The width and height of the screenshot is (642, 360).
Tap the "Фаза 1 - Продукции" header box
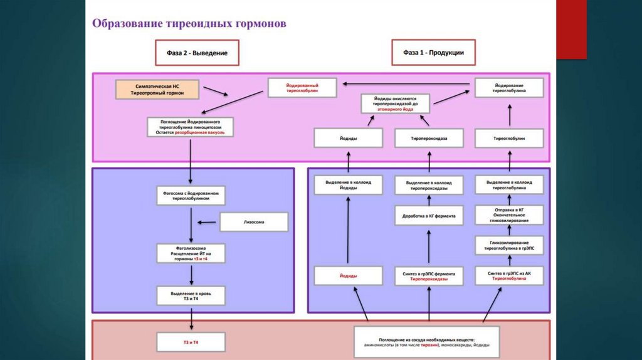click(x=433, y=53)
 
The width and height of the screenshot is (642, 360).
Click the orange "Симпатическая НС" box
click(x=157, y=88)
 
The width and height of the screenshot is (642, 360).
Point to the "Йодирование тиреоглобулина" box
click(x=509, y=87)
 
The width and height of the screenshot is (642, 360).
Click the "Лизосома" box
click(x=253, y=221)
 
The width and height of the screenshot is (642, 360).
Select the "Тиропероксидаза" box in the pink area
click(x=429, y=138)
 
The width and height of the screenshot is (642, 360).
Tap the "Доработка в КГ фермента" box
click(x=429, y=216)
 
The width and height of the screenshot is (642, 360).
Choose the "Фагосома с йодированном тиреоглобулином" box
click(x=191, y=196)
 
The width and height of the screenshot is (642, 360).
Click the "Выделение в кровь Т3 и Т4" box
click(x=191, y=295)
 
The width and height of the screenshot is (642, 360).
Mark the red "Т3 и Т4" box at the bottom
click(x=191, y=342)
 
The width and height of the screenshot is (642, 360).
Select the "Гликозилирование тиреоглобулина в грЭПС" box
click(x=509, y=245)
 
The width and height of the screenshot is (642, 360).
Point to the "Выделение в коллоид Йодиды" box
click(x=349, y=184)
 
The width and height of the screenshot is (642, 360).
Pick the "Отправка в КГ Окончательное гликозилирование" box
click(x=509, y=215)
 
